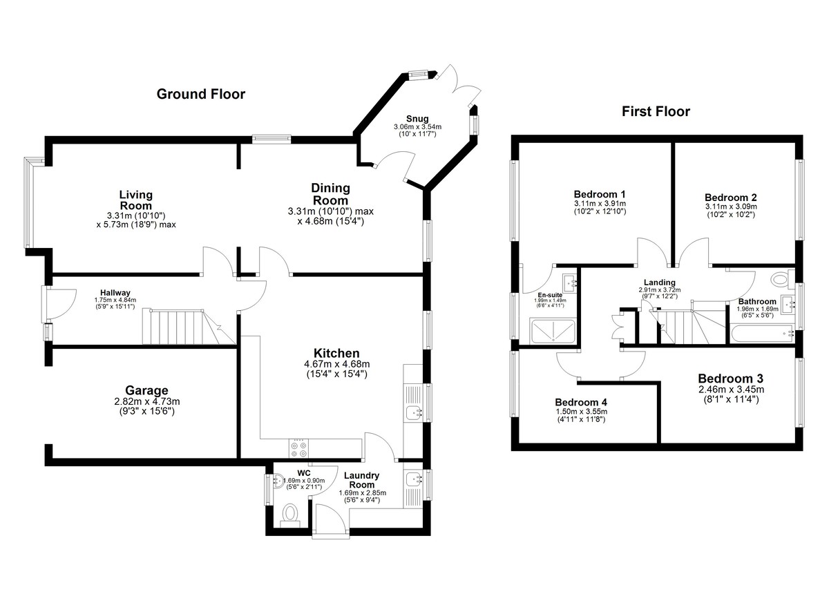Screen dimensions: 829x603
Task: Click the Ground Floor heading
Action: pyautogui.click(x=200, y=95)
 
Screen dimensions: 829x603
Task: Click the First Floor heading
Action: pyautogui.click(x=656, y=111)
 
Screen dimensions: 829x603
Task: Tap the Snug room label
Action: pyautogui.click(x=417, y=119)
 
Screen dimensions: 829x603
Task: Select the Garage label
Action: pyautogui.click(x=146, y=390)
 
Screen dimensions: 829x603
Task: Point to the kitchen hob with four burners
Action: pyautogui.click(x=298, y=449)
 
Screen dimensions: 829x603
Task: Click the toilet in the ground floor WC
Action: pyautogui.click(x=290, y=515)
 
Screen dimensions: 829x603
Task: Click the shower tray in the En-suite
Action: pyautogui.click(x=553, y=331)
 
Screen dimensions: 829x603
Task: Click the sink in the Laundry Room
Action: pyautogui.click(x=413, y=479)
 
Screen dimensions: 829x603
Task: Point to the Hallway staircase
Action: pyautogui.click(x=189, y=327)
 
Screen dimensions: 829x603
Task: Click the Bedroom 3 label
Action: pyautogui.click(x=731, y=379)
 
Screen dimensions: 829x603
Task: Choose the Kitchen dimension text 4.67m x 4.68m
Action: pyautogui.click(x=337, y=364)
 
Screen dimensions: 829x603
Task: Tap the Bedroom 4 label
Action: pyautogui.click(x=581, y=402)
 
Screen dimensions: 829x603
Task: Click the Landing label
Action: pyautogui.click(x=660, y=283)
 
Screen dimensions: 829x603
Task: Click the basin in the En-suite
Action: pyautogui.click(x=569, y=283)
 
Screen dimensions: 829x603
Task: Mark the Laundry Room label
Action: pyautogui.click(x=362, y=480)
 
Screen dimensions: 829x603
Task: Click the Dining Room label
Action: pyautogui.click(x=330, y=194)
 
